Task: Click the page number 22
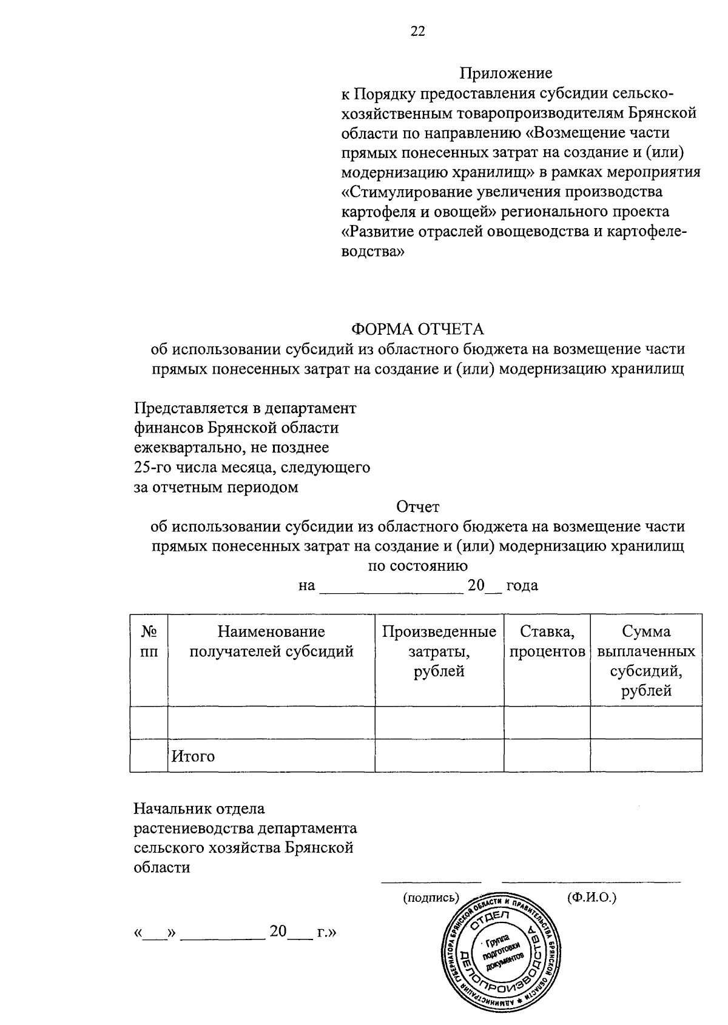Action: coord(418,32)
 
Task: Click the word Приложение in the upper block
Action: coord(505,73)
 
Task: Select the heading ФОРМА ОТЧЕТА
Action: coord(418,329)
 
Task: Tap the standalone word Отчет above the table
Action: coord(417,506)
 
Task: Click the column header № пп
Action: coord(149,642)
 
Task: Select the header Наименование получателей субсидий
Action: coord(271,642)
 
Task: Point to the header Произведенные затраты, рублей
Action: coord(439,651)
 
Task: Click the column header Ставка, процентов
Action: coord(547,642)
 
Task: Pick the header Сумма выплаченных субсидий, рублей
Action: coord(646,661)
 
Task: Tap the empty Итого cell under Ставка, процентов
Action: coord(547,756)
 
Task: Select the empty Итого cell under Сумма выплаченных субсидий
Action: coord(646,756)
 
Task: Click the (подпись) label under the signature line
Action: coord(431,897)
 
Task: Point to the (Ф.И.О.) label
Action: coord(591,897)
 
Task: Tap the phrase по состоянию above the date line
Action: coord(418,566)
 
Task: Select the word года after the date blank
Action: coord(522,586)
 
